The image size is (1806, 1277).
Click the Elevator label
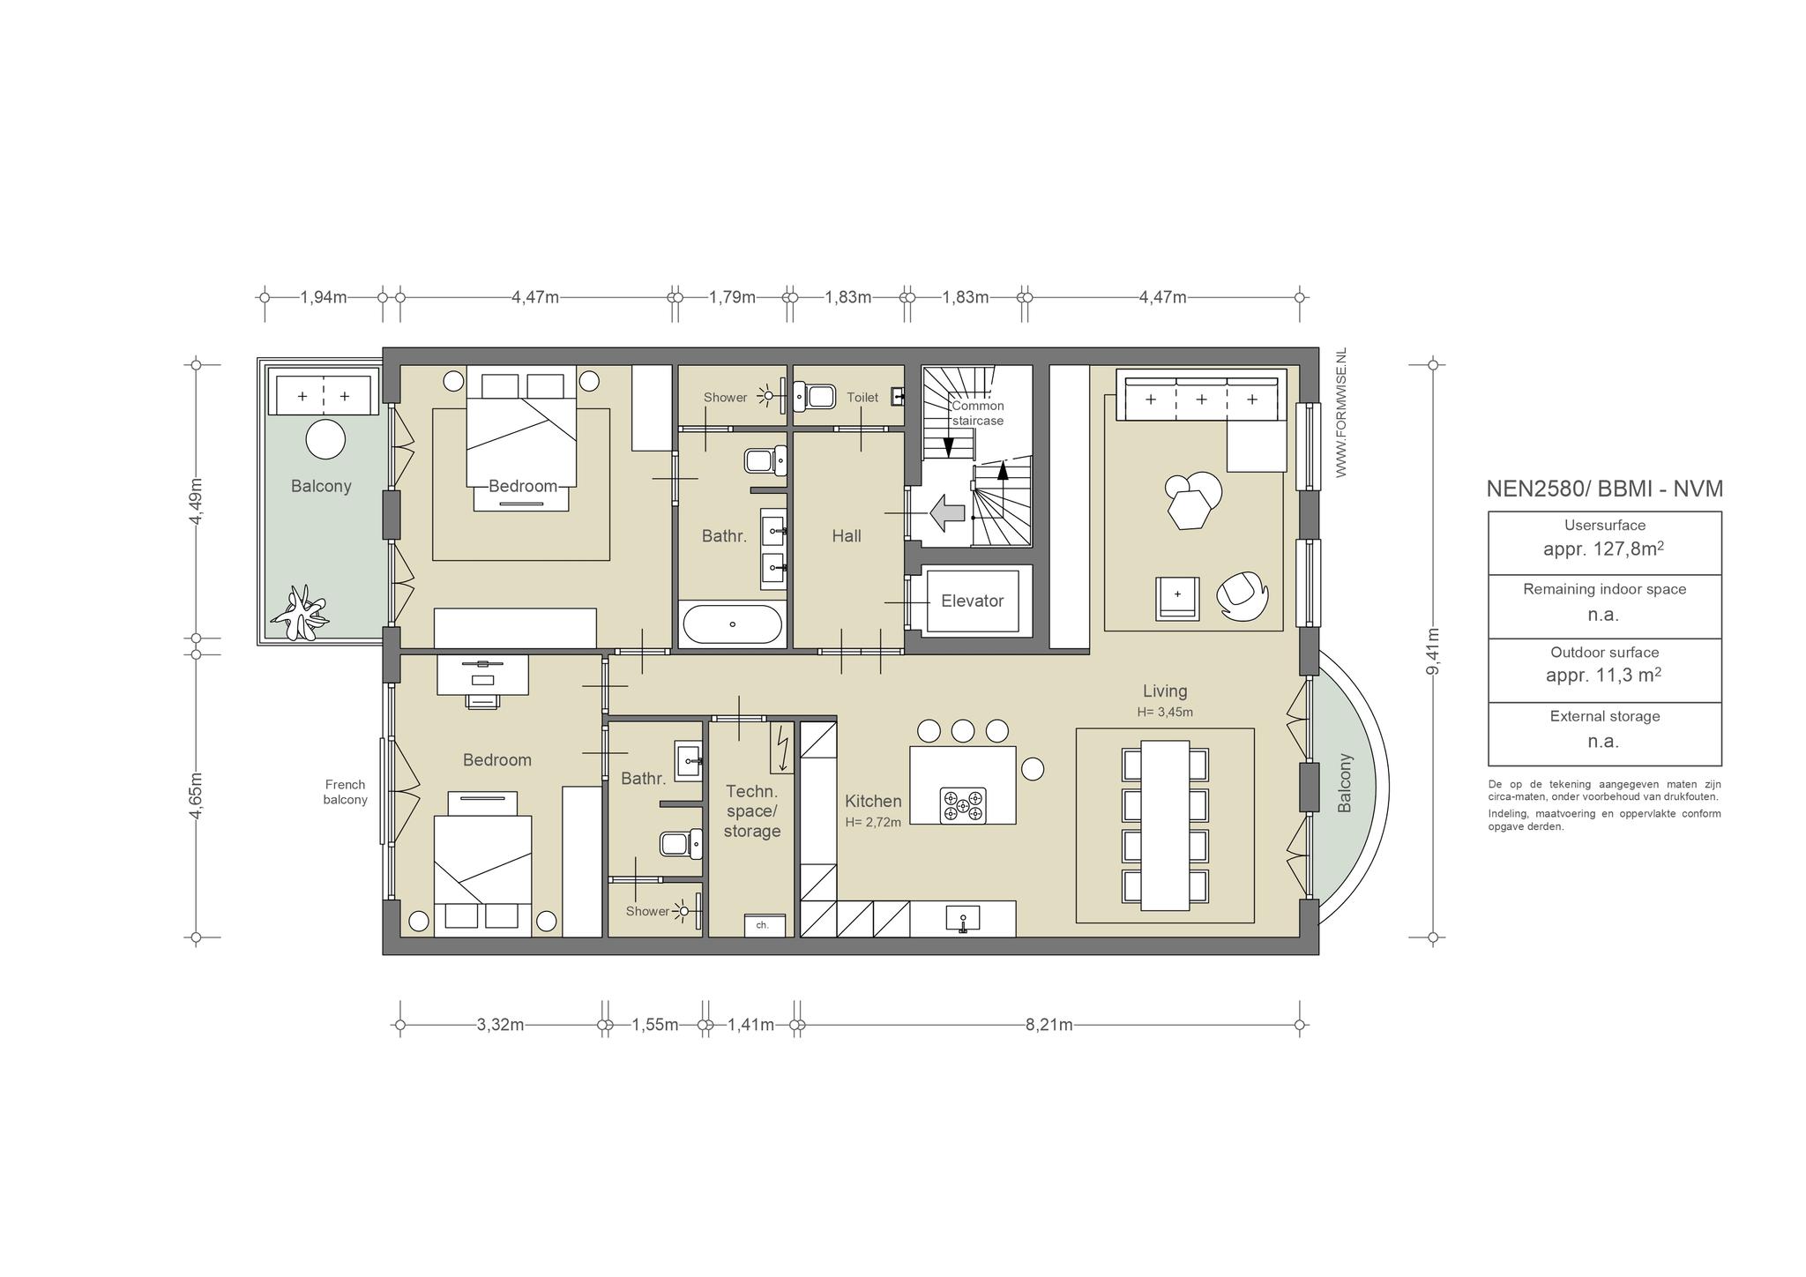point(972,601)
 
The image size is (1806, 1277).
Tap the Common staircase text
point(977,414)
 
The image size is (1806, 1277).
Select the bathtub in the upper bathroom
point(732,624)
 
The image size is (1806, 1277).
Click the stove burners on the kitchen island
point(963,805)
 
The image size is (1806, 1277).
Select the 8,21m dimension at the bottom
point(1049,1025)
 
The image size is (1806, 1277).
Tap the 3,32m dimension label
point(500,1025)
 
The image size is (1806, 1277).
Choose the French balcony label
point(345,792)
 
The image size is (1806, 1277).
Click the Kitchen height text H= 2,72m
point(873,823)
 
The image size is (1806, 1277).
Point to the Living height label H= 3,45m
point(1165,713)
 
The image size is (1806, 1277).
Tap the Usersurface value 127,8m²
point(1604,549)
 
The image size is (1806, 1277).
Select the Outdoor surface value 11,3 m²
point(1604,676)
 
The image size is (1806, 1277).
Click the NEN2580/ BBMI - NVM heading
point(1605,489)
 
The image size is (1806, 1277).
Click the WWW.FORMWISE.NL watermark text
point(1341,413)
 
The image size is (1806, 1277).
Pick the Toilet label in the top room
point(862,398)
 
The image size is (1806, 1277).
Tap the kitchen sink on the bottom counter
point(962,919)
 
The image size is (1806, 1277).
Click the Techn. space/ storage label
point(752,811)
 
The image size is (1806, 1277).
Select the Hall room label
point(847,535)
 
